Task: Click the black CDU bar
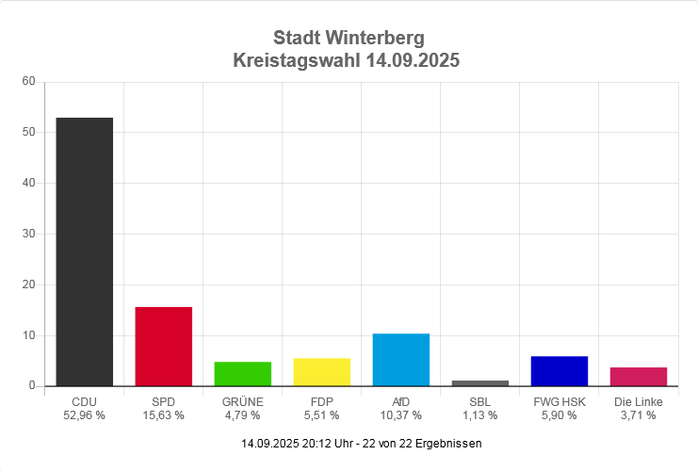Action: pos(84,252)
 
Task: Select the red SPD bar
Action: pos(163,346)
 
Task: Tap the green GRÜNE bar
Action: pos(242,374)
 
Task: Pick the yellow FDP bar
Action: pos(321,372)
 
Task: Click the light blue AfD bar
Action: pos(400,360)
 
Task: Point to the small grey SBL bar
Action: pos(479,382)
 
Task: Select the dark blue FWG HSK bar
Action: pos(559,371)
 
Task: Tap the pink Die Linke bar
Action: pos(638,377)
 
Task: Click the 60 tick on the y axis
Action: pos(28,82)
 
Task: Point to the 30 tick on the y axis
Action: pos(28,234)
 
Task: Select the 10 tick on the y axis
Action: pos(28,335)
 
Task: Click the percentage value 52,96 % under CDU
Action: pos(84,415)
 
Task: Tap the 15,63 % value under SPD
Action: pos(163,415)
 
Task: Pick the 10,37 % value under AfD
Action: pos(400,415)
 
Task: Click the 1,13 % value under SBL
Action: pos(479,415)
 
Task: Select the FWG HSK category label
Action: pos(559,402)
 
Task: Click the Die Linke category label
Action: pos(638,402)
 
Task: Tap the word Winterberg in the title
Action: pos(375,39)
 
